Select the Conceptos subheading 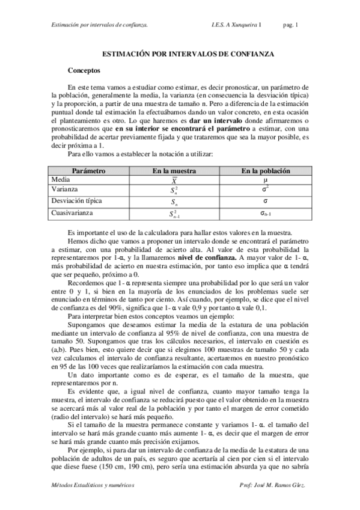point(86,70)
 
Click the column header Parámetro point(88,171)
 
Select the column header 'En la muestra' point(174,171)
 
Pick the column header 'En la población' point(265,171)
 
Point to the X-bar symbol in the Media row point(174,181)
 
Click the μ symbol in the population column point(265,180)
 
